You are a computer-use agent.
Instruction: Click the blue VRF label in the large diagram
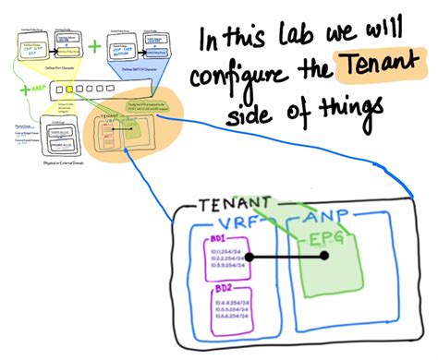(x=238, y=225)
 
